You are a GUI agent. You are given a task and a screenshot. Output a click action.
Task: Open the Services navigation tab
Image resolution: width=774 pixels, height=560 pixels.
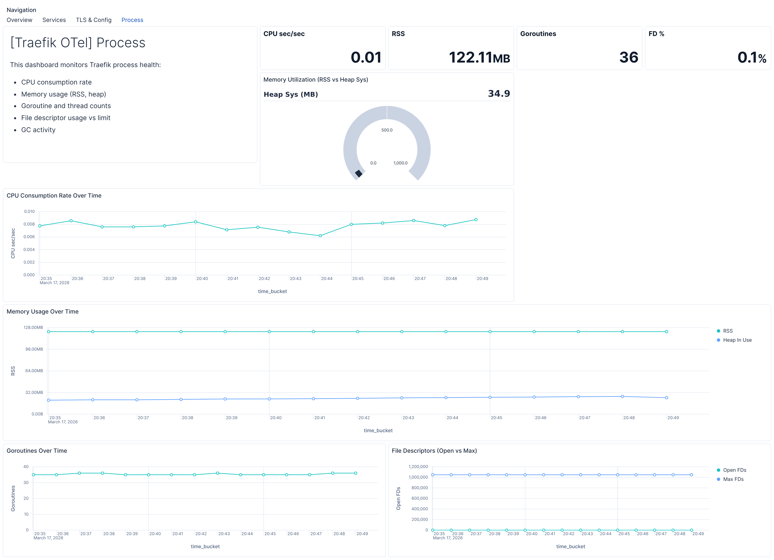[54, 20]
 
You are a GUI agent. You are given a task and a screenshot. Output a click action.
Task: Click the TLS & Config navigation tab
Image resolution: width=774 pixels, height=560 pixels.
[94, 20]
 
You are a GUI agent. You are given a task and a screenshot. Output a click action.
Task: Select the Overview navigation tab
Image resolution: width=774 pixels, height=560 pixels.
[19, 20]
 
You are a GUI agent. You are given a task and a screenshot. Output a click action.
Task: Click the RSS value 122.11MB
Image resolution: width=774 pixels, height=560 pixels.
[479, 57]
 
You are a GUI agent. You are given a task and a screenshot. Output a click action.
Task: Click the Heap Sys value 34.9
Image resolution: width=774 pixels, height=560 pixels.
[499, 94]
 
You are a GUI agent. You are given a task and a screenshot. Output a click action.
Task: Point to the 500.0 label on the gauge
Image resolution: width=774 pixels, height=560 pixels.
[387, 130]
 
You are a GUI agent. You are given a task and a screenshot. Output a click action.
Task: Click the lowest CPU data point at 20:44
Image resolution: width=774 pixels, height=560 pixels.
[320, 236]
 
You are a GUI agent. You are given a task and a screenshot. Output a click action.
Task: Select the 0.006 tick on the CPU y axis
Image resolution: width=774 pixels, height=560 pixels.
[29, 237]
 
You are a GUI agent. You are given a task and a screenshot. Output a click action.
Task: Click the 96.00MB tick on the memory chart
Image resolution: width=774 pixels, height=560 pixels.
[34, 349]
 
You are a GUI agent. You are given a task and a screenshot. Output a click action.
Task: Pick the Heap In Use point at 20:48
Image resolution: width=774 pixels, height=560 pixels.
[622, 396]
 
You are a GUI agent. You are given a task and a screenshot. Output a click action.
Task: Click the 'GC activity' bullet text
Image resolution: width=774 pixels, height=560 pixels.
[38, 130]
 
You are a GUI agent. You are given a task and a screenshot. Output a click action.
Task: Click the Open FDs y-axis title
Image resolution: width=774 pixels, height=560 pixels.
[398, 498]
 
